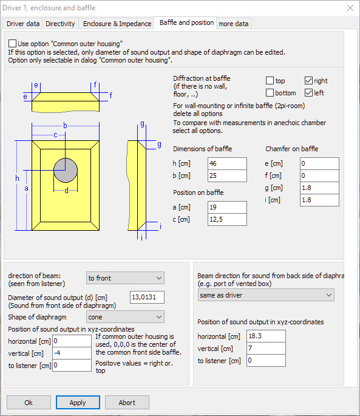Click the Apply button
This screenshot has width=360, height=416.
coord(78,403)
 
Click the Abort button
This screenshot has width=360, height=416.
coord(127,403)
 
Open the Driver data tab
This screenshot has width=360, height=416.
coord(23,24)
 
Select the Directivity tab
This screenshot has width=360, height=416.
coord(60,24)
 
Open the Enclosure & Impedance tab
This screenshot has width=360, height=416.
coord(117,24)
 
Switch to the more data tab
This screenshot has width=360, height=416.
coord(234,24)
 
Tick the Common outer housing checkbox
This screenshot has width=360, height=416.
coord(12,44)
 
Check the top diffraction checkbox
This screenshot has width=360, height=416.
coord(270,80)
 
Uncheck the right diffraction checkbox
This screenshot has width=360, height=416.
coord(308,80)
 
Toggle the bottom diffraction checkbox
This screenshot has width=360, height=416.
coord(270,92)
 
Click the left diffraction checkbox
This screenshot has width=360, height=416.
coord(308,92)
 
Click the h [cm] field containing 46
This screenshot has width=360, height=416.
coord(228,163)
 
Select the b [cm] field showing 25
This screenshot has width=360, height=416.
coord(228,176)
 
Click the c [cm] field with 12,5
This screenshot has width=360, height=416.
coord(228,219)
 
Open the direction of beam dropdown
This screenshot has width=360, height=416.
coord(125,278)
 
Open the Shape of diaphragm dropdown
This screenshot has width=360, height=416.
coord(125,317)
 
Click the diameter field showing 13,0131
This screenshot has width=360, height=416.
coord(147,297)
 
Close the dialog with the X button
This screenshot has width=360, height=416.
coord(350,8)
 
